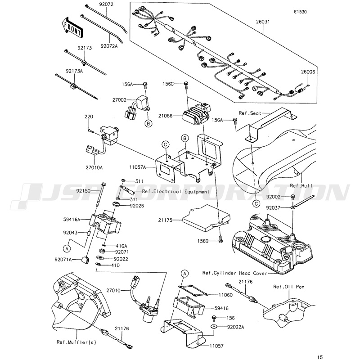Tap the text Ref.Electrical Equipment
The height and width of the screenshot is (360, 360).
pos(175,192)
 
